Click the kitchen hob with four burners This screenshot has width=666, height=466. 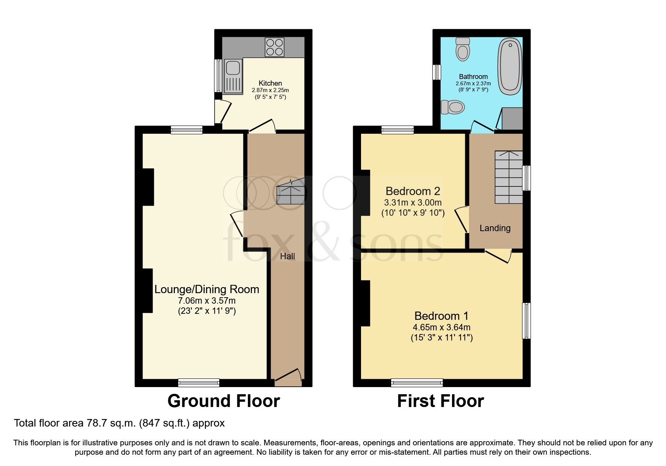point(274,47)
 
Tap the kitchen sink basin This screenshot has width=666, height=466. point(233,68)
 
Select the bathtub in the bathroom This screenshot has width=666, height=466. point(510,67)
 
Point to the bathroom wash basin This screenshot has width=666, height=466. point(453,107)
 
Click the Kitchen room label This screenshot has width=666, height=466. point(270,83)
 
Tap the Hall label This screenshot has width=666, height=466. point(287,256)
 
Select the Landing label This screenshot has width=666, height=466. point(495,228)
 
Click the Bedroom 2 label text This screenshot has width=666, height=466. point(413,191)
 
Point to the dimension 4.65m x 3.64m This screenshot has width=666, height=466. point(441,327)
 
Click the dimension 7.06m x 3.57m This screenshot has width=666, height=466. point(207,301)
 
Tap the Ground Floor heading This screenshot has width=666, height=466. point(223,401)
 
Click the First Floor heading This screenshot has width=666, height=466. point(440,401)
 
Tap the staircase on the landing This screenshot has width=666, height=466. point(508,177)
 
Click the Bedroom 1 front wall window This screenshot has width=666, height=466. point(417,383)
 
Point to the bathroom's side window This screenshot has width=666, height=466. point(436,72)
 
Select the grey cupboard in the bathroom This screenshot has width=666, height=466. point(512,118)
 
